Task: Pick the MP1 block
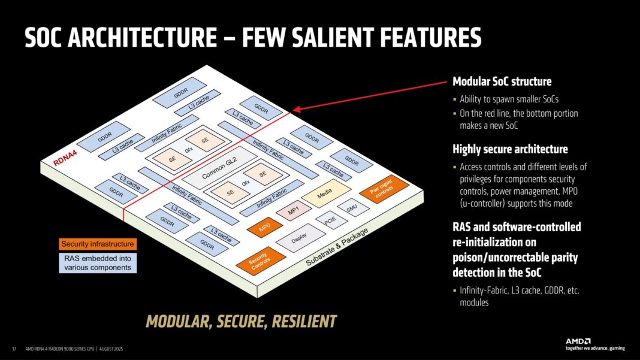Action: (x=294, y=211)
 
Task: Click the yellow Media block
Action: (x=325, y=194)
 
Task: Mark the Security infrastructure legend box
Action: (x=98, y=244)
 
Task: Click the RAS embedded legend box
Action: (x=98, y=263)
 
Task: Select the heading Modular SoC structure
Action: (x=502, y=81)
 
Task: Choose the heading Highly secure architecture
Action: (x=510, y=149)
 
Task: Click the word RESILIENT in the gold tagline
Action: (x=304, y=321)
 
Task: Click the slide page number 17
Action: (x=14, y=349)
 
